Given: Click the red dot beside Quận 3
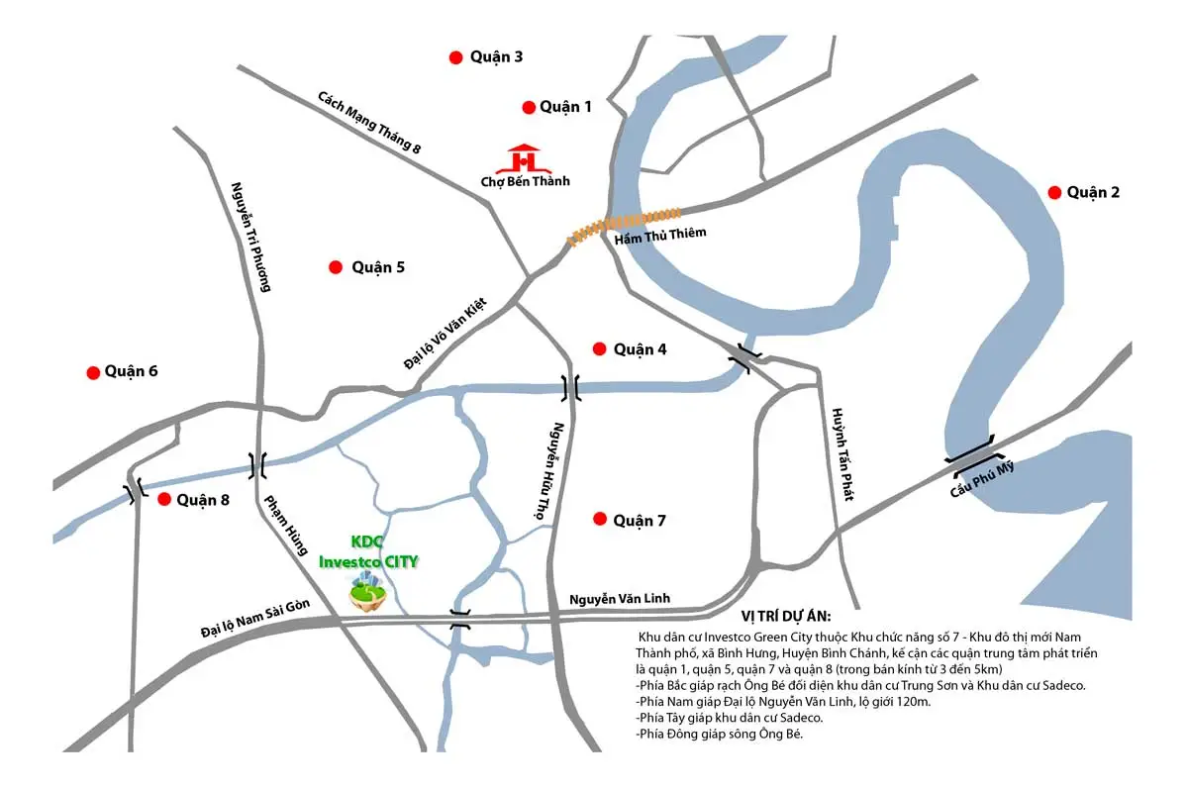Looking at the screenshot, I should (455, 57).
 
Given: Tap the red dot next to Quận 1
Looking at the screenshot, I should (529, 107).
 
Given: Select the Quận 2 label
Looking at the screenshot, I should (1093, 192).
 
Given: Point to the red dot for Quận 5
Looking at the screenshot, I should (336, 267).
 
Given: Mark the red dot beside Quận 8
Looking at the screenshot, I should (164, 499).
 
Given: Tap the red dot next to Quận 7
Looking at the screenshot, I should (599, 519).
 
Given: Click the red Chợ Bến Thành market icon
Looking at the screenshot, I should (525, 157).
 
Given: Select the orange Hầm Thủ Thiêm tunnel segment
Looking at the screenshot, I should (624, 225).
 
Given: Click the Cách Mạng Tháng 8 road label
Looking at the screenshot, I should (370, 123).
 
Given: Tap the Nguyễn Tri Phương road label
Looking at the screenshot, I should (250, 237).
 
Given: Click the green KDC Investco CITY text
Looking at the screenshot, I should (368, 552).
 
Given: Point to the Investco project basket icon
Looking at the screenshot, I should (367, 595).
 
